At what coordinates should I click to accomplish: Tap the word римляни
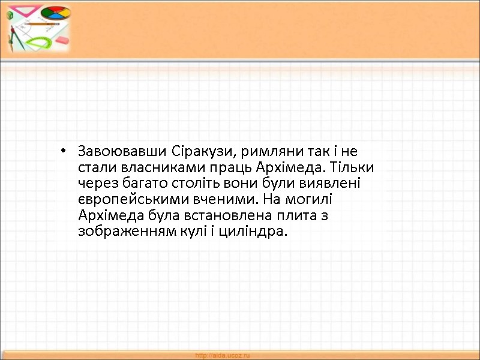click(x=259, y=150)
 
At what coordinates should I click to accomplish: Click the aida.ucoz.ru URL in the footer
click(x=223, y=356)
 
